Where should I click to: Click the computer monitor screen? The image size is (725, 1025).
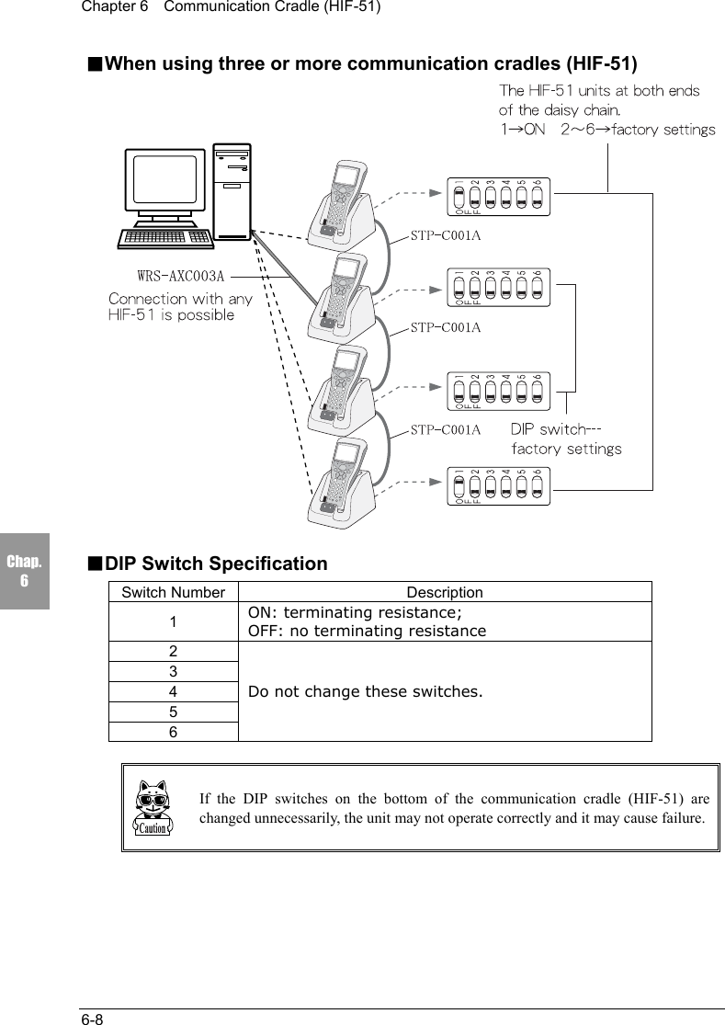pos(164,181)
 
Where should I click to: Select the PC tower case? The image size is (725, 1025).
pos(231,190)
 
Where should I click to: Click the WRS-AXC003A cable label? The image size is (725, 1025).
pos(181,275)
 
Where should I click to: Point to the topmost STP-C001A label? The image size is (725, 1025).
pos(446,236)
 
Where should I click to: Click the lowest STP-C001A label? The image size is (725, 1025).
pos(446,429)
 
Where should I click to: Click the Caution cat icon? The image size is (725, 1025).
pos(153,808)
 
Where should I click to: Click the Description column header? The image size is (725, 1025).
pos(444,593)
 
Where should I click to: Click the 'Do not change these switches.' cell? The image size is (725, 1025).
pos(444,690)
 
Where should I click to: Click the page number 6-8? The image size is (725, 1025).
pos(91,1019)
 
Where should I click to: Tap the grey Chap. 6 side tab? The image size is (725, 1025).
pos(24,571)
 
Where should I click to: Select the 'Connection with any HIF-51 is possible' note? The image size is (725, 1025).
pos(180,307)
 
